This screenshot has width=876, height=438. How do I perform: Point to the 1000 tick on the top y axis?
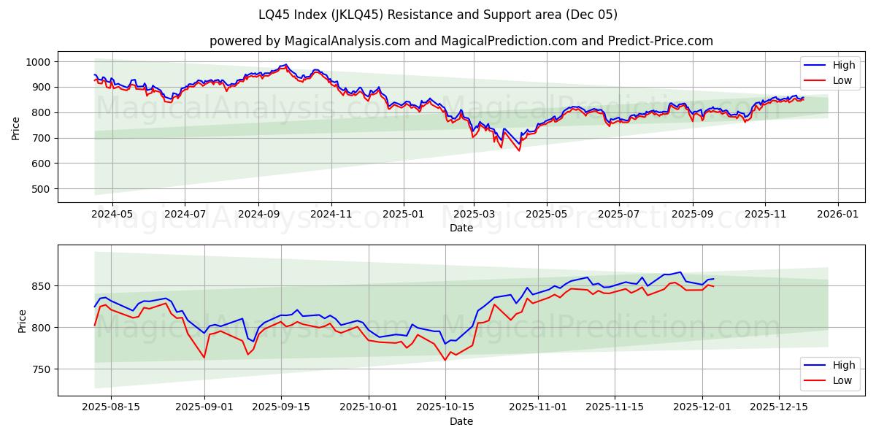38,62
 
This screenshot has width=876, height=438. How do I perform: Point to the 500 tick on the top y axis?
41,189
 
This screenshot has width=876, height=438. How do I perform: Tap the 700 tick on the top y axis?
41,138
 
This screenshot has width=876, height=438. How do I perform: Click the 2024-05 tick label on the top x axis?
112,215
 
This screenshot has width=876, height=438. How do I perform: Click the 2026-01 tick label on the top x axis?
837,215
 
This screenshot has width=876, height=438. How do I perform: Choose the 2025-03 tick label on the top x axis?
474,215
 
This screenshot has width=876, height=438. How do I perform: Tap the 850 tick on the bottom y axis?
41,286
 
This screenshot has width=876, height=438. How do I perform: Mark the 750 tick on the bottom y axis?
41,369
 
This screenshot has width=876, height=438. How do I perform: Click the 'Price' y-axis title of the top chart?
16,127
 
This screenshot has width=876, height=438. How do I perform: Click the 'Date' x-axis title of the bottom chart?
461,421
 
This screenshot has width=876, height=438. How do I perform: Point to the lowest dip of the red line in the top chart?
519,150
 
